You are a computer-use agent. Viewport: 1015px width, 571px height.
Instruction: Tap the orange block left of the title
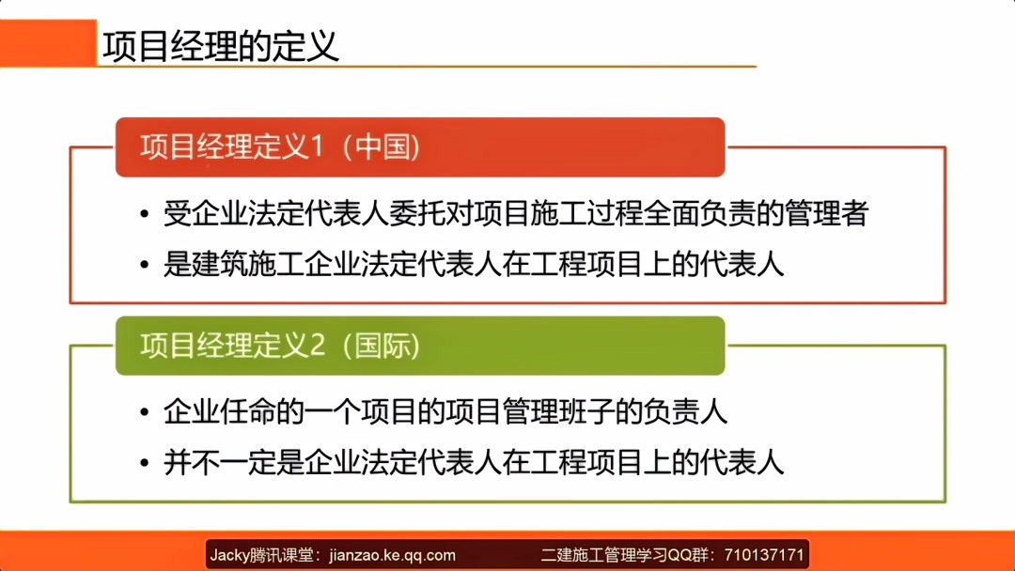[x=48, y=43]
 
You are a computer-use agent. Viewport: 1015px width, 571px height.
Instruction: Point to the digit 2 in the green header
[x=316, y=346]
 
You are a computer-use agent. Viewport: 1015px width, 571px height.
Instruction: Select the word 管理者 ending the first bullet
[x=833, y=214]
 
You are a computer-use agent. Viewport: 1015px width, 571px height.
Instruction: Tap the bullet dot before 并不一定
[x=144, y=464]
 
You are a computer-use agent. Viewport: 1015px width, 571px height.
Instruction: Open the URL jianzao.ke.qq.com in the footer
[x=393, y=555]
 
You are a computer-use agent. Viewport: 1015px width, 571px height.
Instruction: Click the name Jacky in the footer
[x=227, y=555]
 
